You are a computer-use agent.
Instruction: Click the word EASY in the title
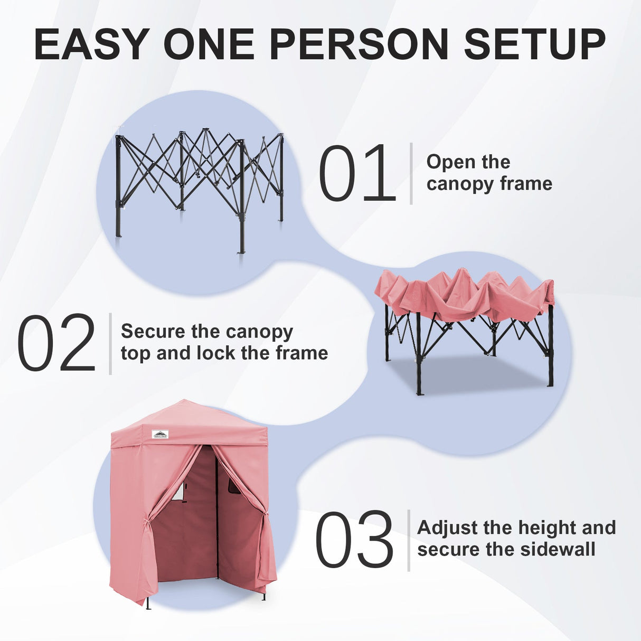pyautogui.click(x=91, y=44)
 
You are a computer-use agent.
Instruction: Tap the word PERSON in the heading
pyautogui.click(x=359, y=44)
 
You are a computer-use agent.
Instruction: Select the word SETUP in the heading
pyautogui.click(x=534, y=44)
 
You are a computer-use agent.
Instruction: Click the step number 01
pyautogui.click(x=357, y=173)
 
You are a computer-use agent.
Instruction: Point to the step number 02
pyautogui.click(x=56, y=344)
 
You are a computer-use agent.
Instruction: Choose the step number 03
pyautogui.click(x=354, y=540)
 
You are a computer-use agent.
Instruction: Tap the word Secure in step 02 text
pyautogui.click(x=154, y=332)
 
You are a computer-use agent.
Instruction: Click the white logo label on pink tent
pyautogui.click(x=161, y=434)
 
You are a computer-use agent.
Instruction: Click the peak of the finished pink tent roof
pyautogui.click(x=182, y=402)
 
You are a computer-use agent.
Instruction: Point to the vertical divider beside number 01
pyautogui.click(x=411, y=173)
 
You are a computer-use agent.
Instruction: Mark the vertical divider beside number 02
pyautogui.click(x=110, y=344)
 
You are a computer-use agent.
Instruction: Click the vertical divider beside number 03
pyautogui.click(x=409, y=540)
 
